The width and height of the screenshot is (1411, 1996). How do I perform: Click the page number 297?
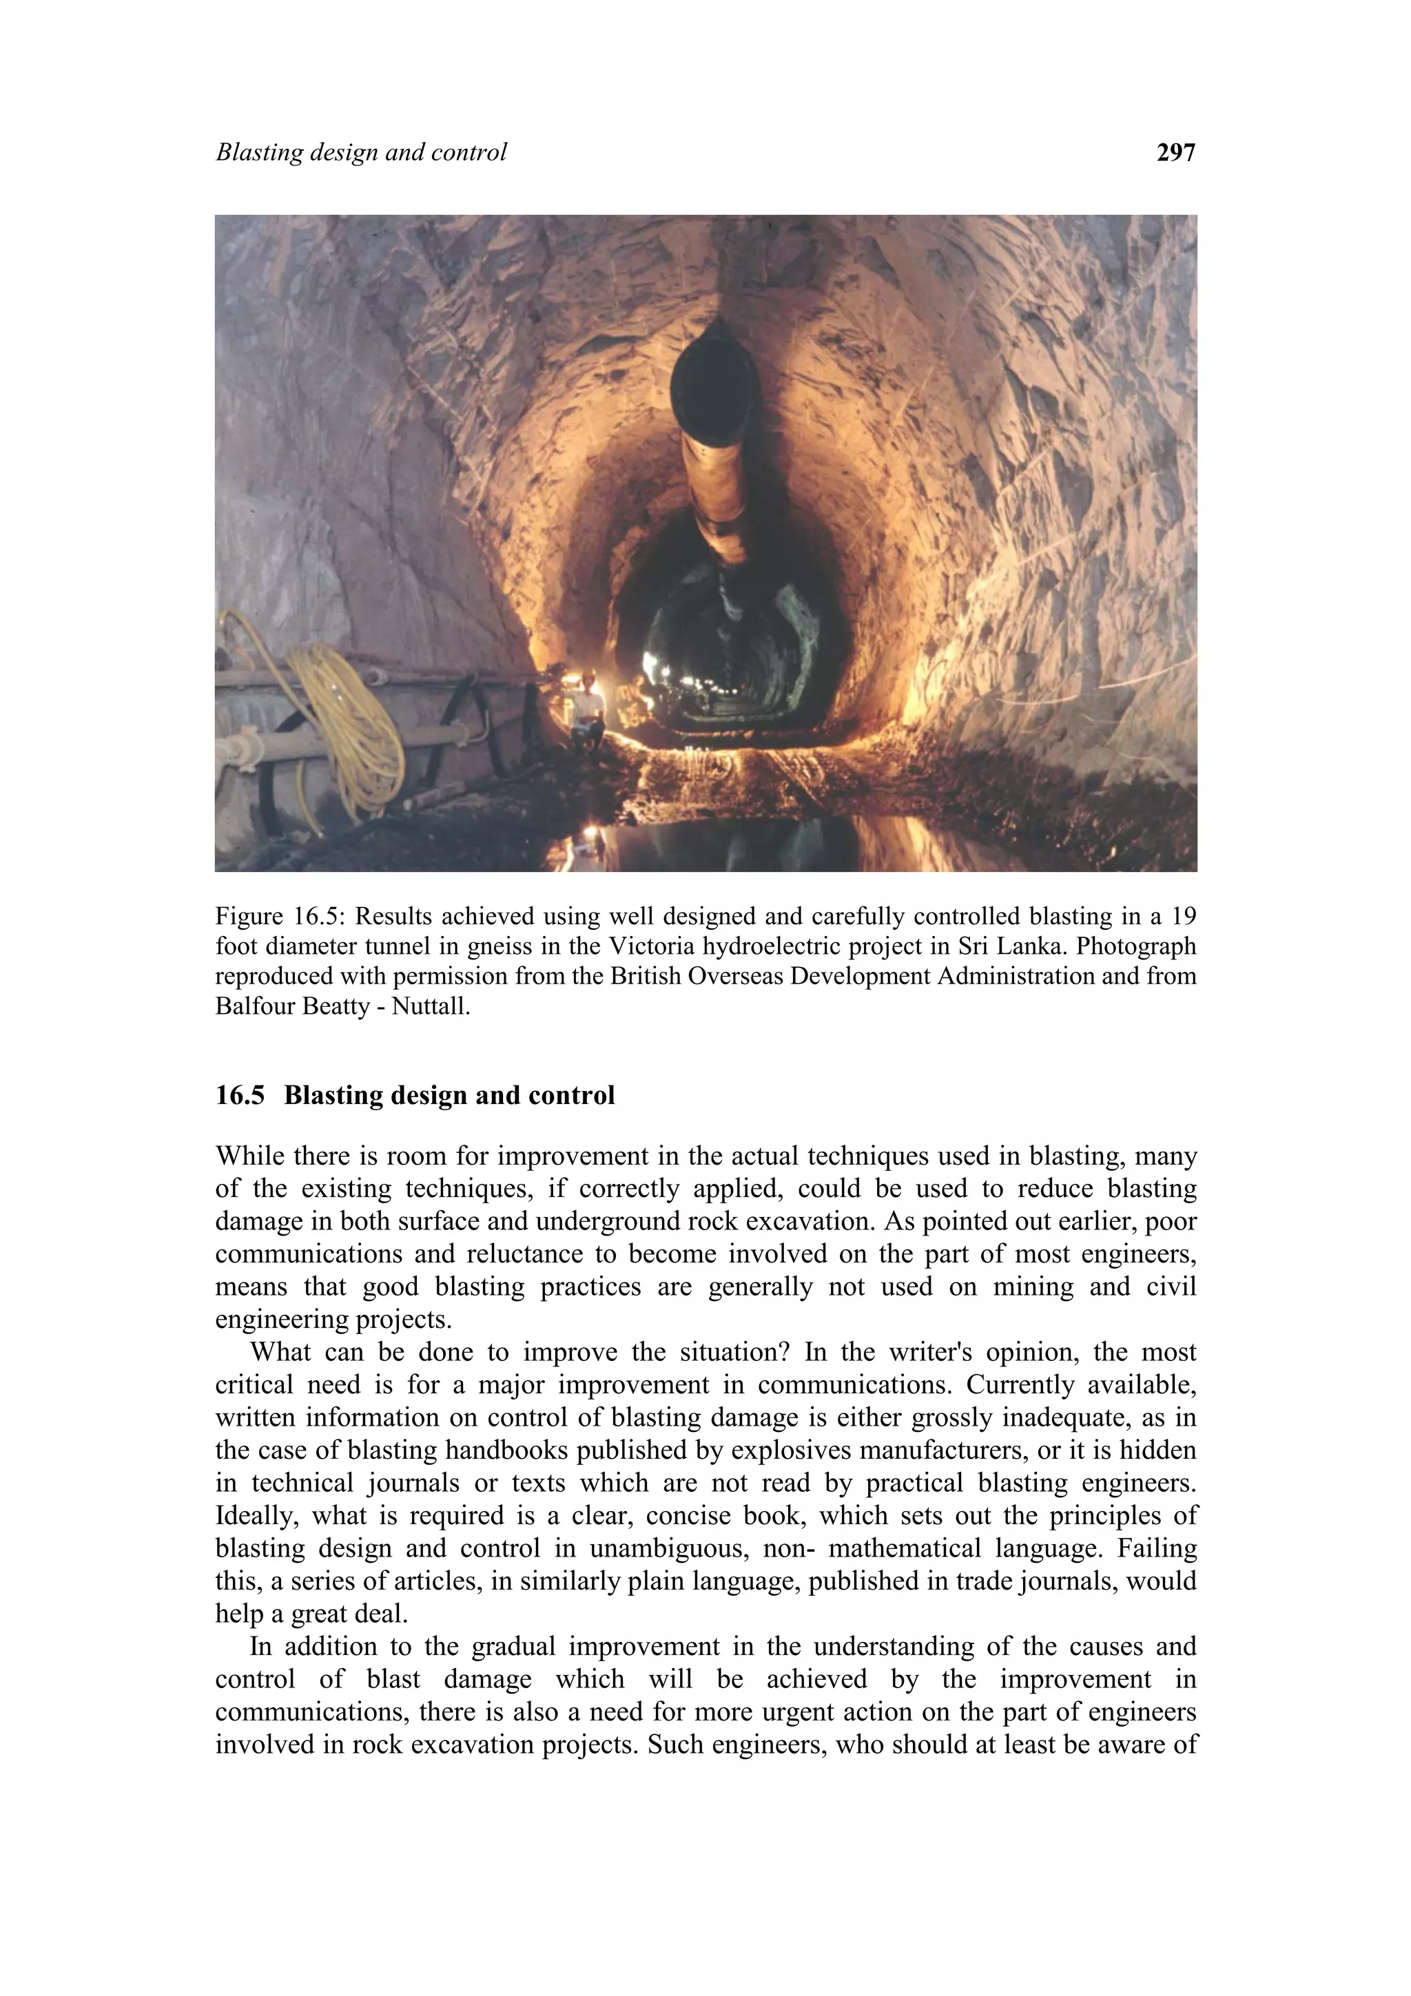coord(1175,153)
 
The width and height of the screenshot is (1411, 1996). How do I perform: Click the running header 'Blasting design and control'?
coord(361,153)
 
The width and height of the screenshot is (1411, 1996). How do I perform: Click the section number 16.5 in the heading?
coord(240,1095)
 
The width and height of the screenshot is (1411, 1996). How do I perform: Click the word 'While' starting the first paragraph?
coord(248,1156)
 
